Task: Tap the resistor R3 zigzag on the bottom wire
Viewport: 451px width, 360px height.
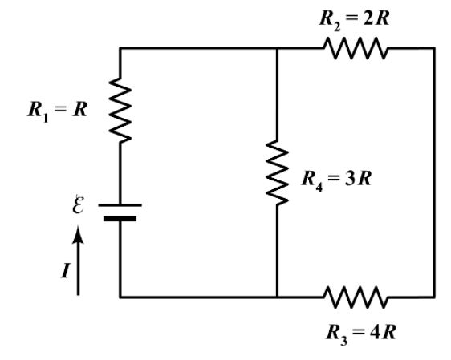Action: click(x=356, y=297)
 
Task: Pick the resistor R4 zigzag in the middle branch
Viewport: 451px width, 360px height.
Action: click(x=276, y=172)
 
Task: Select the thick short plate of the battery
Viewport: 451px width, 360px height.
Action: click(x=120, y=217)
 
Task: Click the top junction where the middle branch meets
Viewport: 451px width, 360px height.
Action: click(x=276, y=48)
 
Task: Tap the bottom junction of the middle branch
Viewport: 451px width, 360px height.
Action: click(x=276, y=297)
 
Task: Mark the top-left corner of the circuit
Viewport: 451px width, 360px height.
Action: click(x=120, y=48)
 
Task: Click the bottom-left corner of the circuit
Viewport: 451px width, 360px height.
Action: click(x=120, y=297)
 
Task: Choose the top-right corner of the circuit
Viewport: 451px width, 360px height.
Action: click(x=434, y=48)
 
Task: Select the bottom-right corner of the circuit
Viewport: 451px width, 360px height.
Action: click(x=434, y=297)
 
